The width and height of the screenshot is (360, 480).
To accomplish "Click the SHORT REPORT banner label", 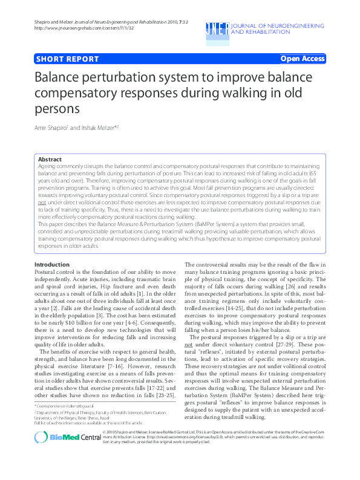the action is pyautogui.click(x=67, y=59).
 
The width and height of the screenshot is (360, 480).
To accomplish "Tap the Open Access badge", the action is pyautogui.click(x=303, y=59).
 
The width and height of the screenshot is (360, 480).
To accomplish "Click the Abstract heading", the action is pyautogui.click(x=50, y=160).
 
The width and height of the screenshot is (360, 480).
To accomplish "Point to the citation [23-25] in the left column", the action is pyautogui.click(x=166, y=395).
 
